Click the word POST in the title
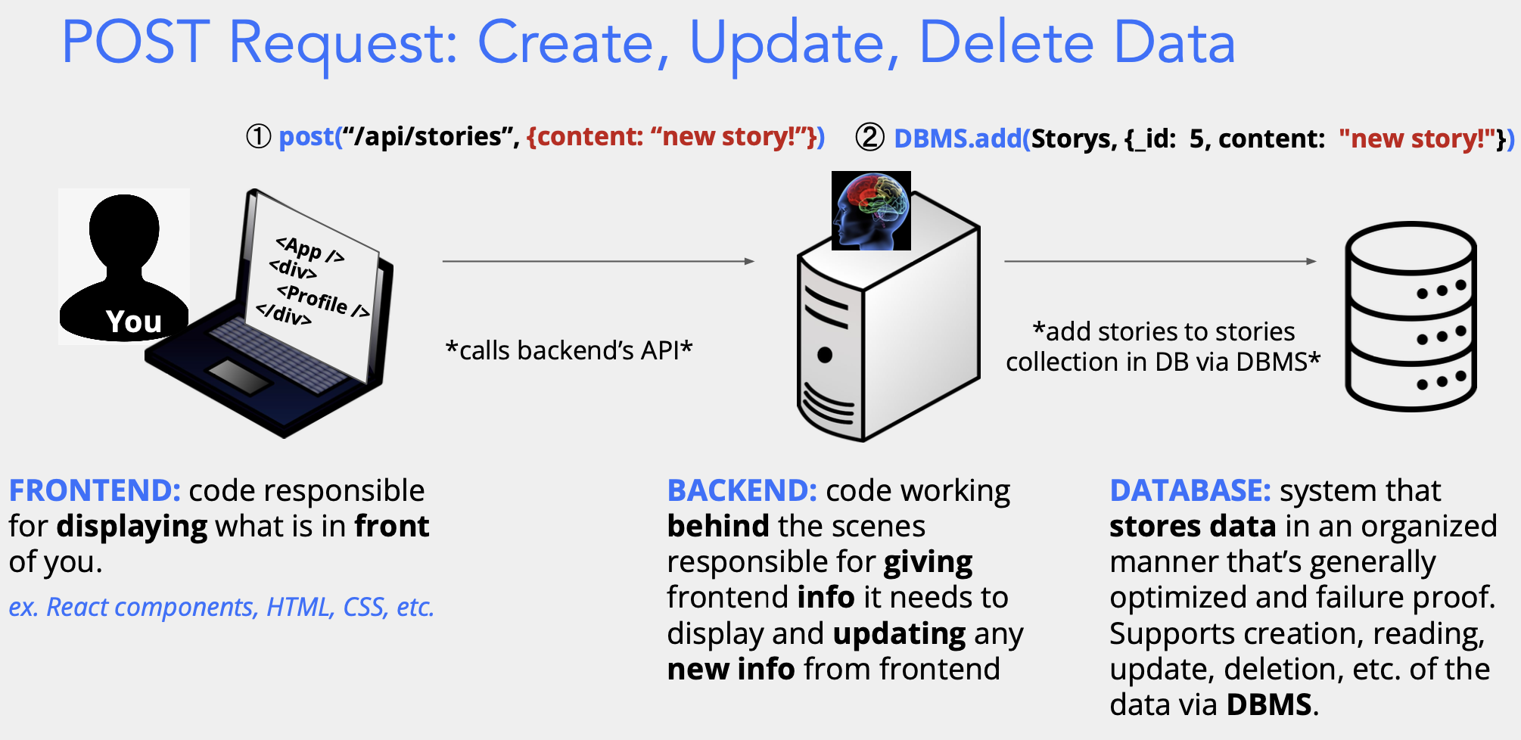(x=135, y=42)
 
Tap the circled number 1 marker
(x=259, y=137)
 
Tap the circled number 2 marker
(x=869, y=138)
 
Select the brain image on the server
(x=871, y=210)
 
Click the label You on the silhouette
(x=133, y=322)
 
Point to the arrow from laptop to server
(x=598, y=261)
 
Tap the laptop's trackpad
(x=240, y=376)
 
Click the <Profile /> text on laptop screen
(x=322, y=301)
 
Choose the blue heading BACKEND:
(x=742, y=490)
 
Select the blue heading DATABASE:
(x=1190, y=490)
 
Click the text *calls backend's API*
(x=569, y=350)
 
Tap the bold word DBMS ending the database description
(x=1269, y=704)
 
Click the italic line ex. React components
(x=221, y=607)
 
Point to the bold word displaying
(x=132, y=527)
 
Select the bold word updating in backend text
(x=899, y=634)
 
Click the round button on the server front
(x=825, y=355)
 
